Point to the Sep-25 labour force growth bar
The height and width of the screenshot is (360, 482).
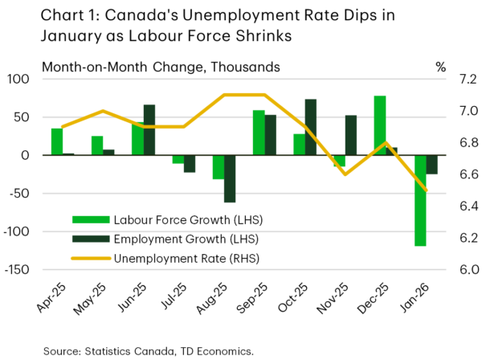pos(259,133)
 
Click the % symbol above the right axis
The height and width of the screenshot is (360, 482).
pos(440,67)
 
